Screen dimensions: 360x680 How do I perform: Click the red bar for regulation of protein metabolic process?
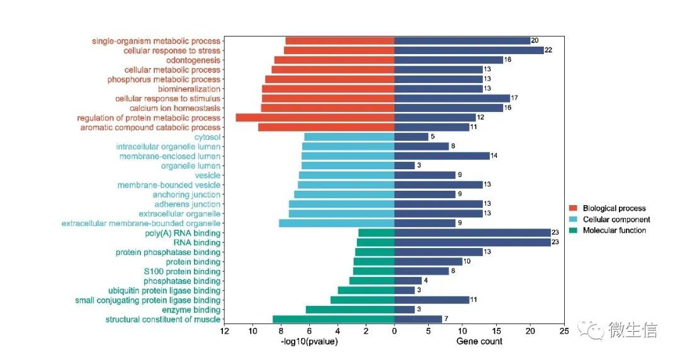pyautogui.click(x=315, y=118)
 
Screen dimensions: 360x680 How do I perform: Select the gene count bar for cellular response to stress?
pyautogui.click(x=468, y=50)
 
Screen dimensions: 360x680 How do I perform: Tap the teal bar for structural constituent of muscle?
pyautogui.click(x=333, y=319)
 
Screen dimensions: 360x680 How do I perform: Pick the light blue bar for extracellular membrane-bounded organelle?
pyautogui.click(x=336, y=223)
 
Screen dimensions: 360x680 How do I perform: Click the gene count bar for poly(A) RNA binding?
pyautogui.click(x=472, y=233)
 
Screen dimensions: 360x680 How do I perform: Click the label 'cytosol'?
pyautogui.click(x=207, y=137)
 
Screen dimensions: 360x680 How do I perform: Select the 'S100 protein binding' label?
pyautogui.click(x=182, y=271)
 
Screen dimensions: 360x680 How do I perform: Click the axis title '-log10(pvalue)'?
pyautogui.click(x=309, y=342)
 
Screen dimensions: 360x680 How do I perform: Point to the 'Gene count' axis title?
pyautogui.click(x=479, y=342)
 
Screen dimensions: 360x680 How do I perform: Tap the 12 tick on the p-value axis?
pyautogui.click(x=224, y=331)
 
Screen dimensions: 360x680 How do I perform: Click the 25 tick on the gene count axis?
pyautogui.click(x=564, y=331)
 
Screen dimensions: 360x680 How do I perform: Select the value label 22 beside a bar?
pyautogui.click(x=548, y=50)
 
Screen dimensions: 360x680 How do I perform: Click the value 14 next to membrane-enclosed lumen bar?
pyautogui.click(x=494, y=156)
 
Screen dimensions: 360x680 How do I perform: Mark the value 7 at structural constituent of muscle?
pyautogui.click(x=445, y=319)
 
